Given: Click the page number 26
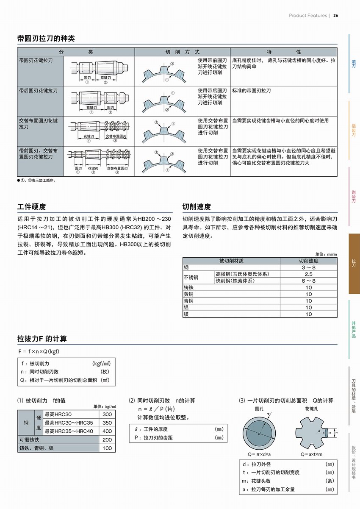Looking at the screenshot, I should coord(335,16).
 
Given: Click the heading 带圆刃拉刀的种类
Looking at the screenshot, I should coord(46,39).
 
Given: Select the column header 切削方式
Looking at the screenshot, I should coord(182,52).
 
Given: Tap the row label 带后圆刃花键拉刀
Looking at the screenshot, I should coord(39,91).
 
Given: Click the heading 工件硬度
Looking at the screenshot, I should coord(32,207).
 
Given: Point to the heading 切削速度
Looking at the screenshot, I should coord(197,207).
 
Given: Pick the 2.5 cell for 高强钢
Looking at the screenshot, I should coord(308,274).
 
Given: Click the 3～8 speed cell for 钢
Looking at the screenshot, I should coord(308,267).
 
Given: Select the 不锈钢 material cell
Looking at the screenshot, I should coord(191,278).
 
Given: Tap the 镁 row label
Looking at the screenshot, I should coord(186,314).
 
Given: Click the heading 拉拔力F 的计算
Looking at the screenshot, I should coord(42,339).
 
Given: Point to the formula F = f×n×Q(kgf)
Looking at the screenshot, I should coord(38,351).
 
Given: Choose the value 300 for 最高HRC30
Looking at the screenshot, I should coord(107,414).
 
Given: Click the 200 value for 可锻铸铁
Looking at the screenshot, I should coord(107,440).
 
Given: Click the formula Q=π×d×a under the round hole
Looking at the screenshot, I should coord(259,454).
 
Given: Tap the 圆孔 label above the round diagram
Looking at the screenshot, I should coord(259,409).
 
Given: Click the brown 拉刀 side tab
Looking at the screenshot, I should coord(354,264).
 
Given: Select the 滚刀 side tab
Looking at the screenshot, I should coord(354,64).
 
